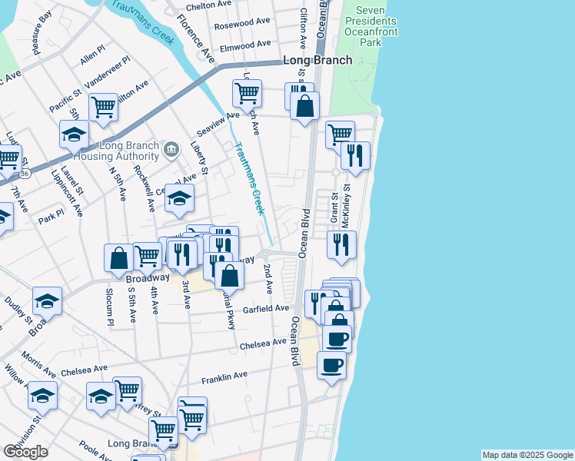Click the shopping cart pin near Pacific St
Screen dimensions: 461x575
pos(103,108)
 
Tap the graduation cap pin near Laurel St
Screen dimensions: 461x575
pos(74,134)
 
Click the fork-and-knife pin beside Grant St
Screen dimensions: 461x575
pos(340,244)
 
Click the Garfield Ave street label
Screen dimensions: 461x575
pos(265,309)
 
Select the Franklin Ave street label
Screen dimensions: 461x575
pos(224,377)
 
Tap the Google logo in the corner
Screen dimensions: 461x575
pos(25,451)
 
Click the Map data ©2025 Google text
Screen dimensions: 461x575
pos(527,455)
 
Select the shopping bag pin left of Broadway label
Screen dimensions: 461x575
pos(119,257)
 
